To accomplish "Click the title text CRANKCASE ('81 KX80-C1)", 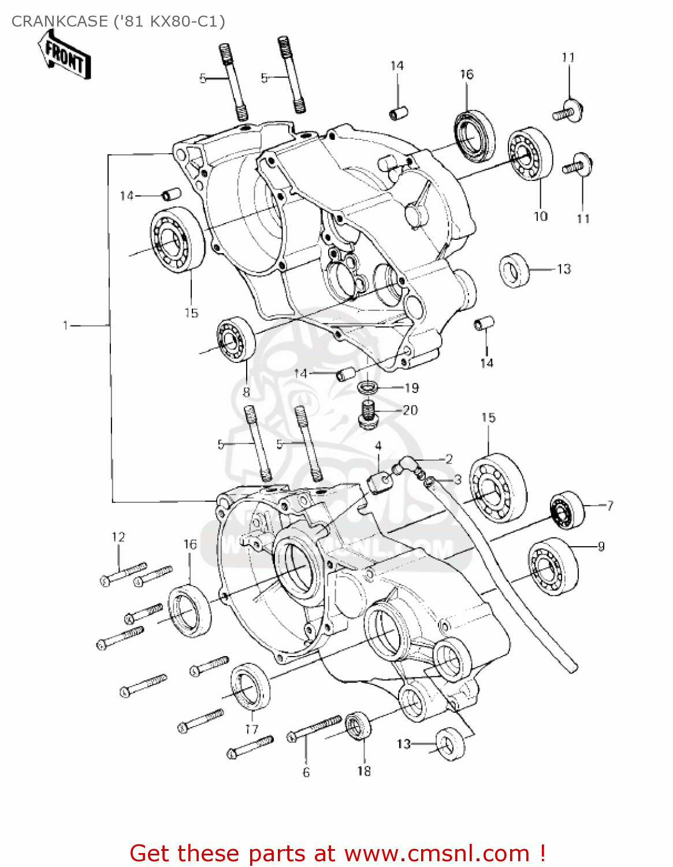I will coord(118,21).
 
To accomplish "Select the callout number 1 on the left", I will coord(66,326).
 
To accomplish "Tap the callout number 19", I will coord(411,388).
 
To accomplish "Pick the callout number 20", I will coord(410,410).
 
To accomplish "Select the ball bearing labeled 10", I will coord(530,154).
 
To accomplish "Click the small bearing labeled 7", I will coord(566,509).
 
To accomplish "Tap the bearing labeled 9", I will coord(552,566).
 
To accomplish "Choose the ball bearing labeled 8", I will coord(236,340).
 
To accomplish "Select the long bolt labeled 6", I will coord(315,729).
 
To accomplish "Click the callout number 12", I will coord(118,537).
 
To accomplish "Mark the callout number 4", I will coord(378,446).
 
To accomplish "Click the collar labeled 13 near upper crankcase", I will coord(514,270).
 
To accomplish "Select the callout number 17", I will coord(252,729).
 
